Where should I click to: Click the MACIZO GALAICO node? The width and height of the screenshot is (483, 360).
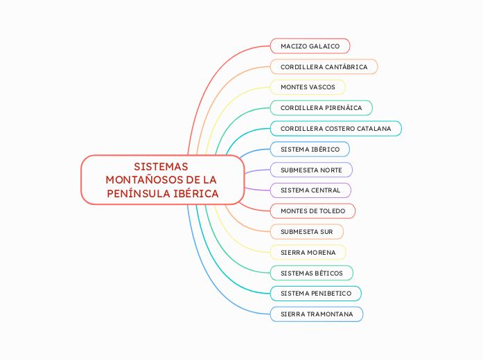coord(310,46)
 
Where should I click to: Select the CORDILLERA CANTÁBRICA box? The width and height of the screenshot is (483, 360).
coord(324,66)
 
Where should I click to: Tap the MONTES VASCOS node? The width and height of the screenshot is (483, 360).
coord(308,87)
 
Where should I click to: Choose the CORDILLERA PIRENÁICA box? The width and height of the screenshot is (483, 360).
coord(321,108)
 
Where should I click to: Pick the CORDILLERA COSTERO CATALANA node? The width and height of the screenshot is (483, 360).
coord(335,129)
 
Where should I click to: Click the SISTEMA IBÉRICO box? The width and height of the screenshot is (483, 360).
coord(310,150)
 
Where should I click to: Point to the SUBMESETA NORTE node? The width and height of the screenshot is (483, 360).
coord(311,170)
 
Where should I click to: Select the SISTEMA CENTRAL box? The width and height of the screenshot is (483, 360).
coord(310,190)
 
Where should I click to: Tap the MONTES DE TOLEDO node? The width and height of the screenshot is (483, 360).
coord(313,210)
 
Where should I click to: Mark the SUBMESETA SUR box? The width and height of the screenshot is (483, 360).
coord(306,231)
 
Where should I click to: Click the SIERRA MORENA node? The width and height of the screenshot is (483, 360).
coord(308,252)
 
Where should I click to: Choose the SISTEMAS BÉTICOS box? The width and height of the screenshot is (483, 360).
coord(311,273)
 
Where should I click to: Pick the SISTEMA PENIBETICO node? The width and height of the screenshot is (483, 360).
coord(315,294)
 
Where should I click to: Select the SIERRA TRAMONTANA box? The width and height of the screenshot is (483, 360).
coord(316,314)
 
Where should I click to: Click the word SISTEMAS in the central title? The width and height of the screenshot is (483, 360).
coord(161,167)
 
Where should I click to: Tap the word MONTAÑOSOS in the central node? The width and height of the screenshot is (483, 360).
coord(139,180)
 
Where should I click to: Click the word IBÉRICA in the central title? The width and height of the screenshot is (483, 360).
coord(196,193)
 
